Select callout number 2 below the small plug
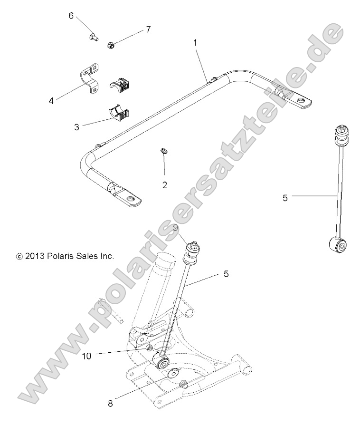(165, 185)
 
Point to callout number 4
(51, 100)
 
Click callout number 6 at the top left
(71, 15)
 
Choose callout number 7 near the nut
(148, 29)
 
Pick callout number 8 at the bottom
(110, 404)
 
